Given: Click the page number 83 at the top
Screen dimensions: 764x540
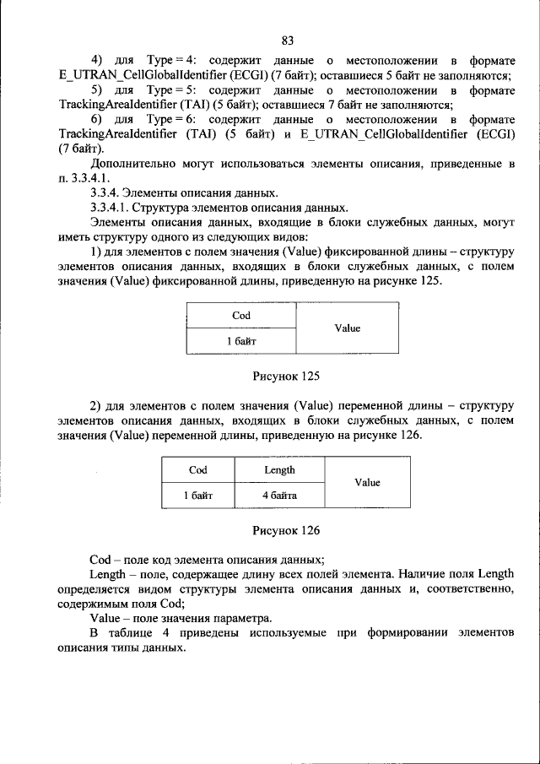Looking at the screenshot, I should pos(287,41).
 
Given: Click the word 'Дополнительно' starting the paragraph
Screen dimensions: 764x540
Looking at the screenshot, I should pos(132,164).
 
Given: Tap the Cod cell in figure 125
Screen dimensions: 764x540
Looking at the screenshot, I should pos(240,316).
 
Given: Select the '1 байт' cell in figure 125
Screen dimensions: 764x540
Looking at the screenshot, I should pos(240,341).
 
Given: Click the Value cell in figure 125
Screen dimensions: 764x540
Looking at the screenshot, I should pos(347,328).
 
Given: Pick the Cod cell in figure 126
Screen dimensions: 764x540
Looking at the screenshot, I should pos(197,470).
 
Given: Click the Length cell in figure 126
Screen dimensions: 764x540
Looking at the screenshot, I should pos(279,470).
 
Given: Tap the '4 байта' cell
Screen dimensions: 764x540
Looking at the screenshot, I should pos(279,496).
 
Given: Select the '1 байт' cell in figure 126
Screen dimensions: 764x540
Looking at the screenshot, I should pos(197,496).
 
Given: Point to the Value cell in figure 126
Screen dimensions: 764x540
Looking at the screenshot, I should pos(367,483).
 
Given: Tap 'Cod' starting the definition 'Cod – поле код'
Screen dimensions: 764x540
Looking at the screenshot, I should pos(100,560).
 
